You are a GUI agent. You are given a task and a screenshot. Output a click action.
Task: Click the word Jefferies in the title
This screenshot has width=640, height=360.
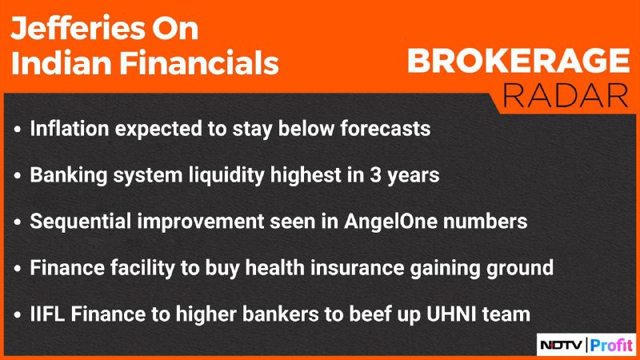pyautogui.click(x=78, y=29)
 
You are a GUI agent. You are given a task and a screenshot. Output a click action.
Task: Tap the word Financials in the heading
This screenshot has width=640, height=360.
pyautogui.click(x=199, y=63)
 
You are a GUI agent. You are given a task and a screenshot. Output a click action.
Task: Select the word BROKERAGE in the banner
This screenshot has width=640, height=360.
pyautogui.click(x=518, y=61)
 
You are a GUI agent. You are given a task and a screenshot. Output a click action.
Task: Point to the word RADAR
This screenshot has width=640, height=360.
pyautogui.click(x=566, y=95)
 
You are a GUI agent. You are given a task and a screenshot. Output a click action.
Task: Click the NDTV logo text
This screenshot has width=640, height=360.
pyautogui.click(x=562, y=346)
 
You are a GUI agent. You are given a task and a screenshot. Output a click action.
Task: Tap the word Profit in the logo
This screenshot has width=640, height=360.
pyautogui.click(x=611, y=346)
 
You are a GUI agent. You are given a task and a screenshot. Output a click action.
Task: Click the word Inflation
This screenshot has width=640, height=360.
pyautogui.click(x=70, y=129)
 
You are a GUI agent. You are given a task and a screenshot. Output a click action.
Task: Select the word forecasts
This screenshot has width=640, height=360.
pyautogui.click(x=386, y=129)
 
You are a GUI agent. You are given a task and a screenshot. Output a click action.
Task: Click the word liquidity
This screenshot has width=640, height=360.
pyautogui.click(x=227, y=176)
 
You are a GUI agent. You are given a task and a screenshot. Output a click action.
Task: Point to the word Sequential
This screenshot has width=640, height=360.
pyautogui.click(x=81, y=222)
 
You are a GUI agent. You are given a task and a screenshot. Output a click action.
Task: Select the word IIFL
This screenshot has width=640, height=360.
pyautogui.click(x=47, y=314)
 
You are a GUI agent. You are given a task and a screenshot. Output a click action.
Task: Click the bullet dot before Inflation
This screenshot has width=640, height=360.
pyautogui.click(x=17, y=130)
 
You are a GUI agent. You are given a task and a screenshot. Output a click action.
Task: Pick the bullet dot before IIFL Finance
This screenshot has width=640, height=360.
pyautogui.click(x=17, y=315)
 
